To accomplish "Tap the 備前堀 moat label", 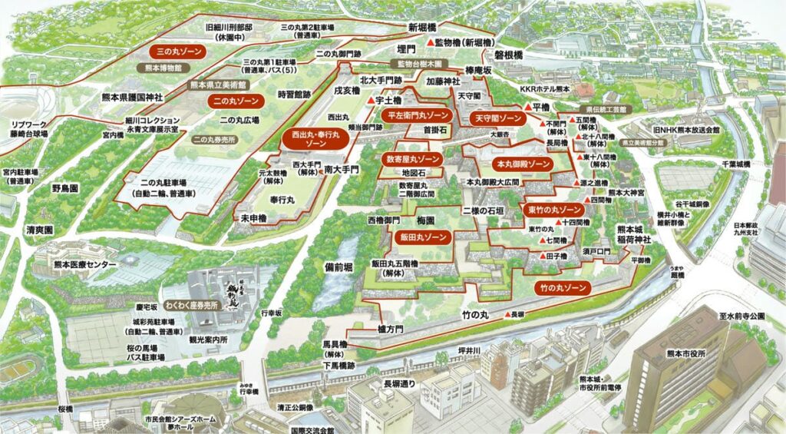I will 339,267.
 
